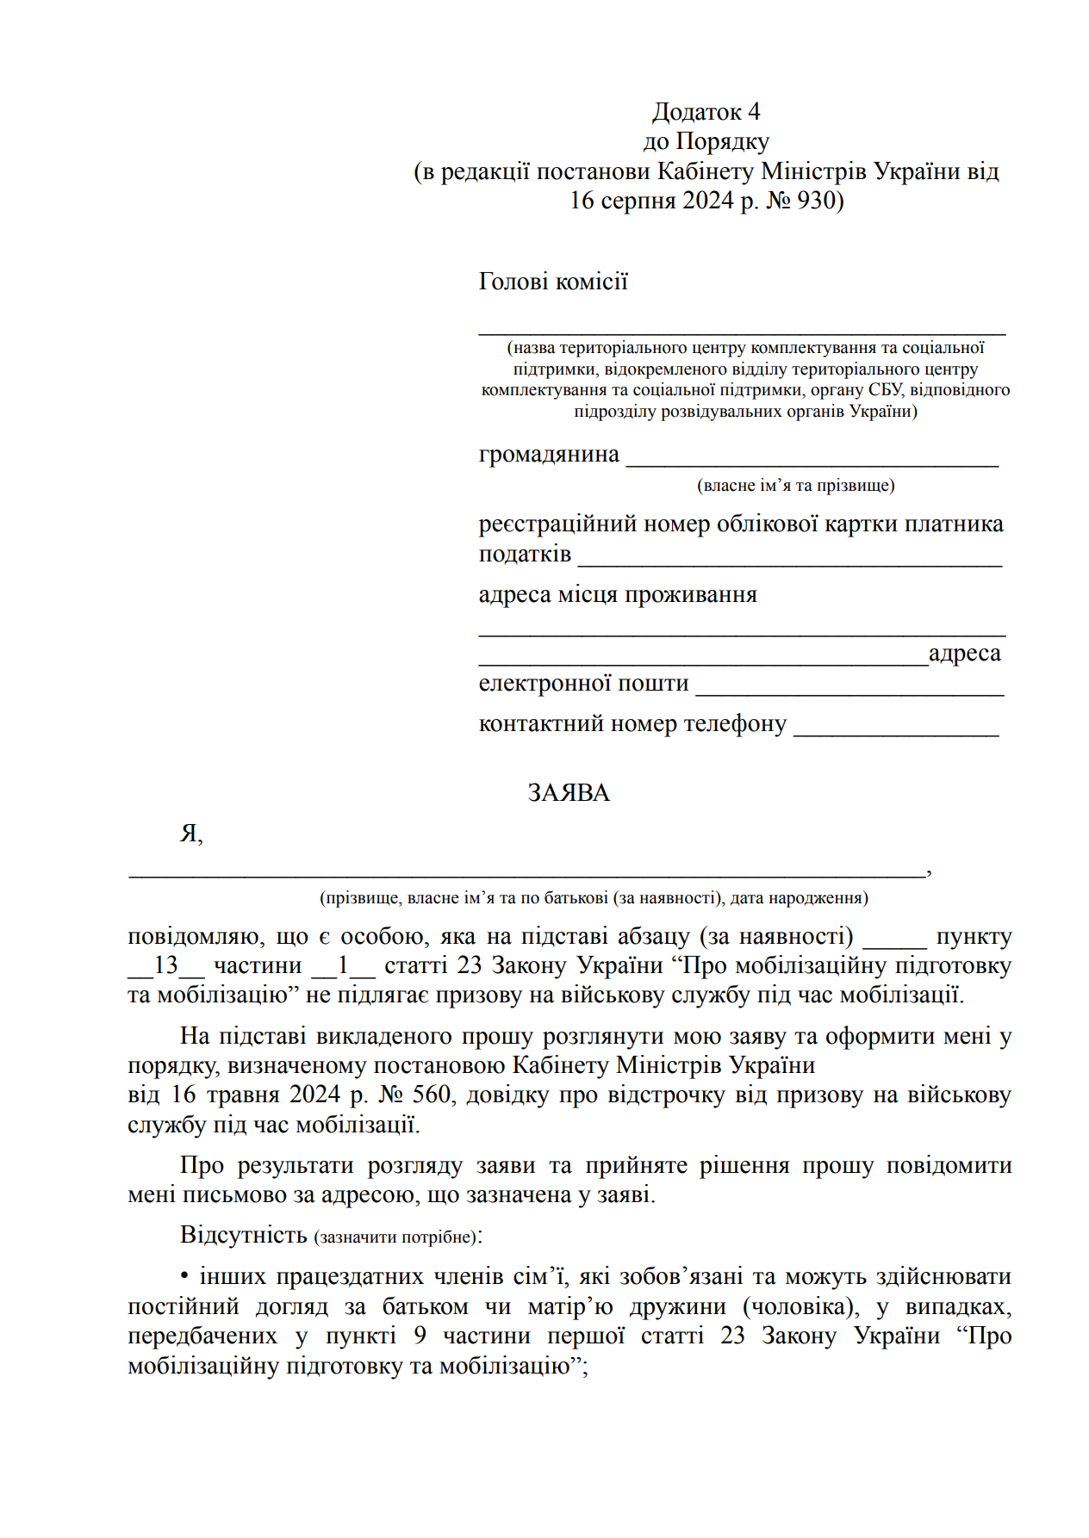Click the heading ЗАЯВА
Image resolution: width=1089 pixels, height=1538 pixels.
tap(569, 792)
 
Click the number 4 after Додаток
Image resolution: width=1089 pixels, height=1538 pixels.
tap(754, 112)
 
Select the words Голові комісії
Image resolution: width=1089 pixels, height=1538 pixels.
tap(553, 282)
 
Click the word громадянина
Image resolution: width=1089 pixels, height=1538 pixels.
tap(549, 454)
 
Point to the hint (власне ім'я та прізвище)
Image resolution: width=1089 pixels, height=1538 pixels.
tap(795, 485)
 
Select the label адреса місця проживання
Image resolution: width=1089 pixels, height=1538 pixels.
tap(618, 594)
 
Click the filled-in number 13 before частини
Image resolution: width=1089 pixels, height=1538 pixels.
tap(165, 965)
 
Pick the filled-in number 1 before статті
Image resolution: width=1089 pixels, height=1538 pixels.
tap(343, 965)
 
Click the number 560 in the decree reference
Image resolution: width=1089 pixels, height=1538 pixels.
tap(431, 1095)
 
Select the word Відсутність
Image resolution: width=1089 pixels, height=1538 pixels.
tap(243, 1235)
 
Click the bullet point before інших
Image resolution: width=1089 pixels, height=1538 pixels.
tap(184, 1276)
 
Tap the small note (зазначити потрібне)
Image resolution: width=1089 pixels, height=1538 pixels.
tap(395, 1237)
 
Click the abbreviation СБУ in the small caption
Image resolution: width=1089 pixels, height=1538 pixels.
tap(886, 390)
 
